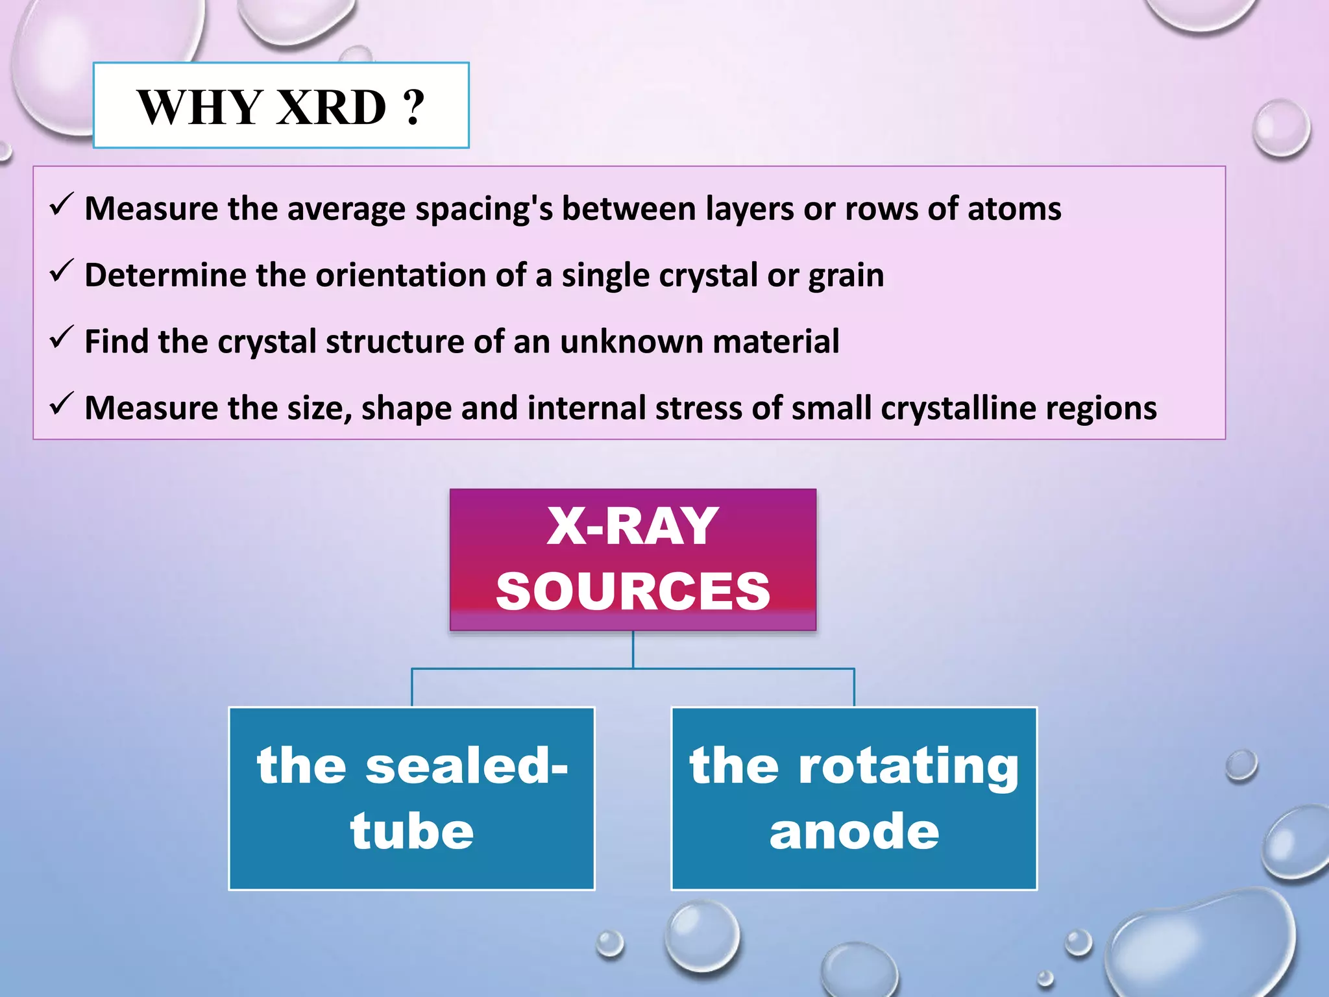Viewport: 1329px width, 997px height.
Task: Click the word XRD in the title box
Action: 331,107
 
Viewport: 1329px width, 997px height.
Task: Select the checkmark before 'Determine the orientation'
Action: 62,271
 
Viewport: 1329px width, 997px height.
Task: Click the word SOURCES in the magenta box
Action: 633,591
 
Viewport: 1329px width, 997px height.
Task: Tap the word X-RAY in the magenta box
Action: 633,526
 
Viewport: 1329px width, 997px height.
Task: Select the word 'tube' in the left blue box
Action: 412,831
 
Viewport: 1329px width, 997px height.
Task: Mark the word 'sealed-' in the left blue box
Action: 466,766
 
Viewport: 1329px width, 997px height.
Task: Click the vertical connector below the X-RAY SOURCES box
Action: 633,649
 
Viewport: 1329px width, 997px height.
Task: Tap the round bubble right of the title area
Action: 1280,128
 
